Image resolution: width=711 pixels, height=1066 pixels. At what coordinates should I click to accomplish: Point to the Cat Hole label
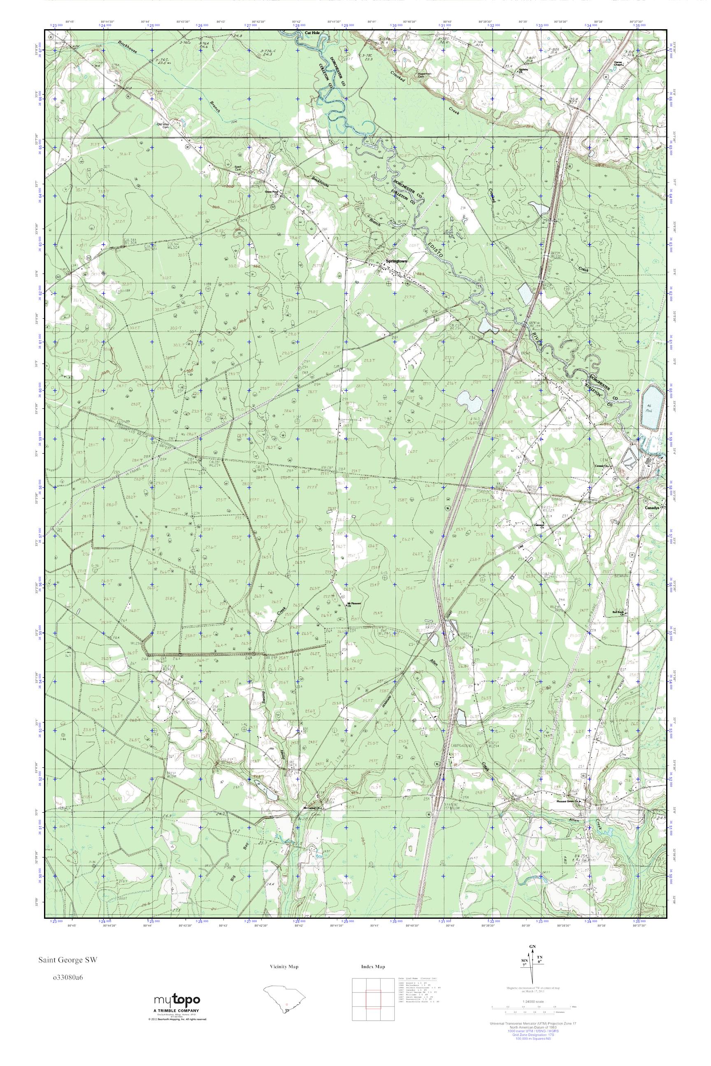pyautogui.click(x=313, y=33)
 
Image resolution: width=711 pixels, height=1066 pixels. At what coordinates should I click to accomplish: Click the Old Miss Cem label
pyautogui.click(x=163, y=125)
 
